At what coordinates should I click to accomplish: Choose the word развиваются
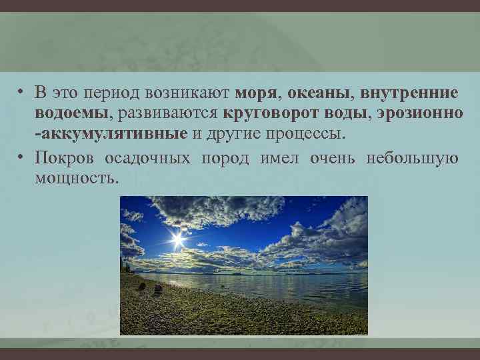[x=169, y=113]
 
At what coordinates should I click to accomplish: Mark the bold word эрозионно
[x=417, y=113]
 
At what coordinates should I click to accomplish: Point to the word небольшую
[x=412, y=158]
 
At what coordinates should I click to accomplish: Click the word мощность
[x=77, y=178]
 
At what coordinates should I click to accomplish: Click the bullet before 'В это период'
[x=22, y=92]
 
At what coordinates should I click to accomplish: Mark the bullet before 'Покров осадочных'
[x=22, y=158]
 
